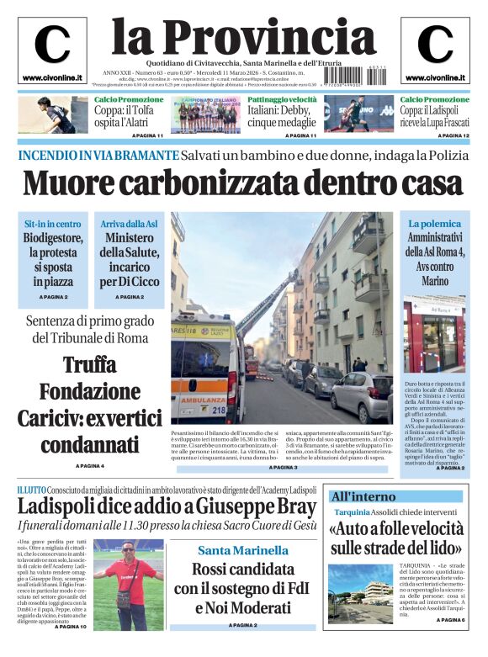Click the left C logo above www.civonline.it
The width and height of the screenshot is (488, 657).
(x=52, y=45)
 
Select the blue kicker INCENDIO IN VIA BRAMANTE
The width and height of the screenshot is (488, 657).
(x=98, y=156)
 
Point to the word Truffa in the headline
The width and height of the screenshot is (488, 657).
(x=89, y=366)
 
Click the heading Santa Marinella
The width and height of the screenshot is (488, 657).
(x=243, y=550)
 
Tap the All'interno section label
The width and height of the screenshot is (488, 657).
(x=363, y=496)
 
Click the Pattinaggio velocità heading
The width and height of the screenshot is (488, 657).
(x=281, y=99)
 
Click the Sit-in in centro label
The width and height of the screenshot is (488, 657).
(x=53, y=224)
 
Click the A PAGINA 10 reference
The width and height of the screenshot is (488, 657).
(x=71, y=627)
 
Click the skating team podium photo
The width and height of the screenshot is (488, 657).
(x=206, y=115)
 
